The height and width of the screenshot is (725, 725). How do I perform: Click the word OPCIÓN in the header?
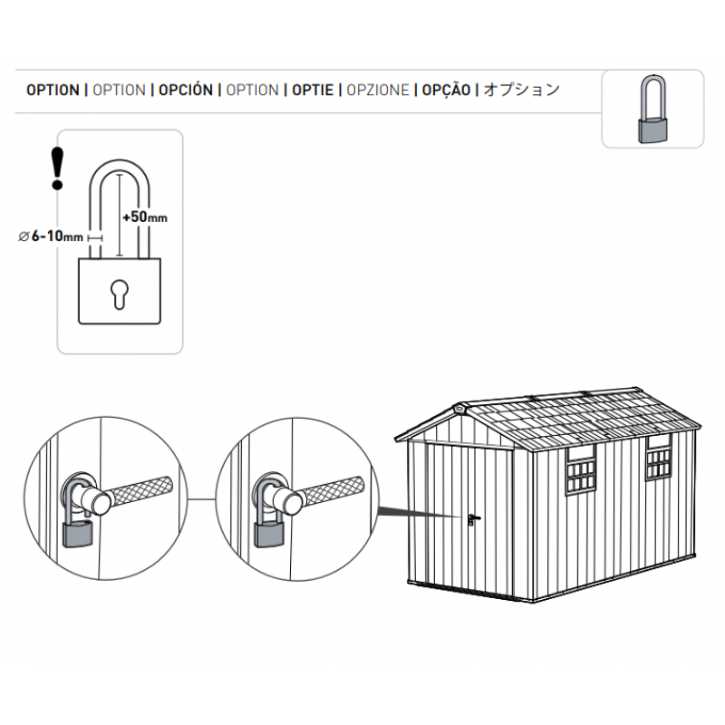pos(186,90)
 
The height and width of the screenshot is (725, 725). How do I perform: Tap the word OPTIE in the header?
pos(313,90)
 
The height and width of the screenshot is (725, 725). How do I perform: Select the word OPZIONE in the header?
pos(378,90)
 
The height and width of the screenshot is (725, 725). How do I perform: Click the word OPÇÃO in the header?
pos(446,90)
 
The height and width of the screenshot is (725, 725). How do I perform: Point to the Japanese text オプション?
pos(522,89)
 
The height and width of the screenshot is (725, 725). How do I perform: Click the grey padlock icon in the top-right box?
pos(652,109)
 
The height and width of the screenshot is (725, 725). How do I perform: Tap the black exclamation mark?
pos(57,169)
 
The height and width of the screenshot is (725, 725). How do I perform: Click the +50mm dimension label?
pos(145,217)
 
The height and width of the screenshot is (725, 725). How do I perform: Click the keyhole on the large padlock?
pos(120,294)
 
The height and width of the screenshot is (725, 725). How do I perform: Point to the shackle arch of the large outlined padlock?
pos(120,168)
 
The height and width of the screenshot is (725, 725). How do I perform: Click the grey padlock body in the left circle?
pos(78,534)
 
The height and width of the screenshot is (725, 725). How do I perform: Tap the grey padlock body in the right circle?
pos(269,534)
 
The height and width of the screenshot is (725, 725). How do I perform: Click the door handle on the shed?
pos(472,519)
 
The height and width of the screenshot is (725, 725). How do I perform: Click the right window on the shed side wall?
pos(659,458)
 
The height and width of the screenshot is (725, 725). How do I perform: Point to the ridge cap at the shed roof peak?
pos(460,409)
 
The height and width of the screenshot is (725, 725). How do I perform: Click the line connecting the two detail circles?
pos(201,499)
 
